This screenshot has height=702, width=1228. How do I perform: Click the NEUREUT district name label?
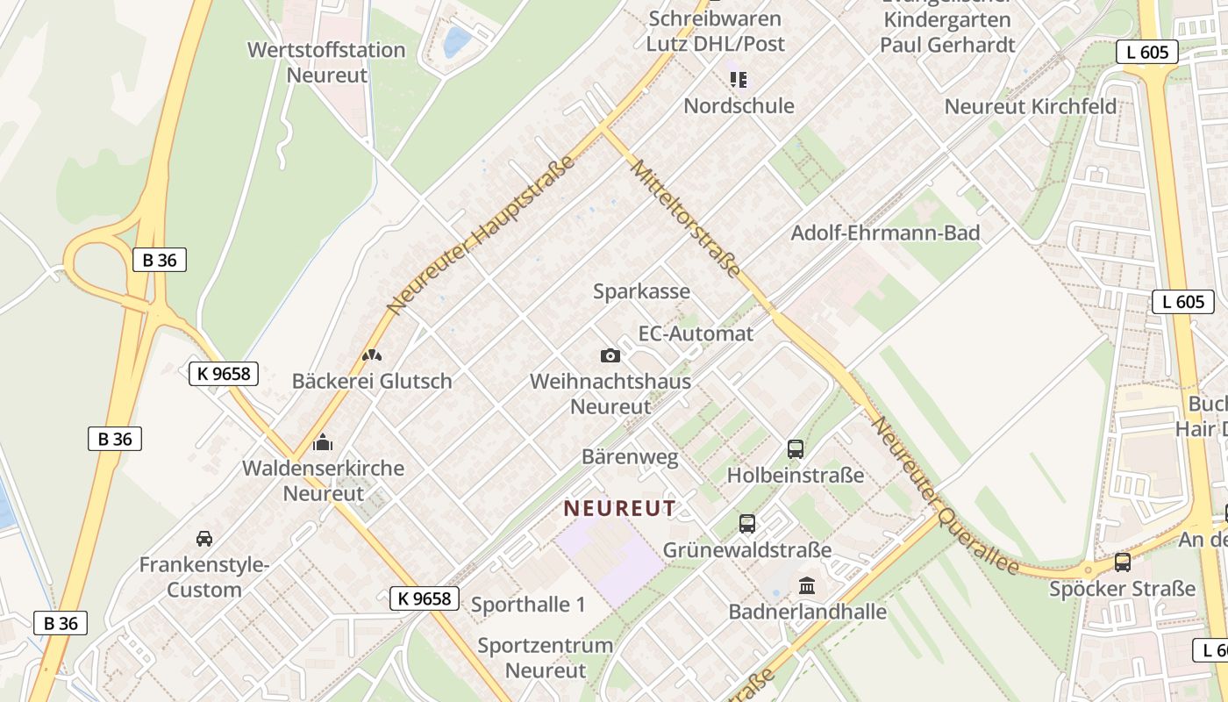click(619, 508)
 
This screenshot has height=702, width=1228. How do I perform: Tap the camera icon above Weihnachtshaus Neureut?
click(610, 355)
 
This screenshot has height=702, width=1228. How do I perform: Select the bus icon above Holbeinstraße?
click(796, 449)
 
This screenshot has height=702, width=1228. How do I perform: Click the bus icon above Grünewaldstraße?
click(747, 524)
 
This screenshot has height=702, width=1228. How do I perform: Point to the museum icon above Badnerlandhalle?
click(807, 584)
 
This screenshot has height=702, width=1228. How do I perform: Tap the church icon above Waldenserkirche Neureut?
click(323, 441)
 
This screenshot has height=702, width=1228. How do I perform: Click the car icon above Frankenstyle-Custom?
click(204, 538)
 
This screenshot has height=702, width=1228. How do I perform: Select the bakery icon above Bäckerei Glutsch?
click(372, 355)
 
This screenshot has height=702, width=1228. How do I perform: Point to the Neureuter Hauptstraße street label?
click(481, 235)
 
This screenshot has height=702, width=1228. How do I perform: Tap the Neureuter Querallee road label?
click(946, 496)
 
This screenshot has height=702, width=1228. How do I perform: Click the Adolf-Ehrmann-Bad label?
click(885, 233)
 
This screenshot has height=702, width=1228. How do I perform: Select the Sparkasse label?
click(641, 291)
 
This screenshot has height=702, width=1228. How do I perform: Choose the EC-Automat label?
click(696, 333)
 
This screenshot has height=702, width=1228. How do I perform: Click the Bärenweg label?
click(630, 457)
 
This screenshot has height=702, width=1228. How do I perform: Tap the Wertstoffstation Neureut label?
click(326, 62)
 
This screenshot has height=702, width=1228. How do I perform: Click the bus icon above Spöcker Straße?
click(1122, 562)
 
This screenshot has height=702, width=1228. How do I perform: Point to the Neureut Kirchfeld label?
click(1030, 107)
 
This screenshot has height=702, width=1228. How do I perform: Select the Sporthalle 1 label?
click(528, 605)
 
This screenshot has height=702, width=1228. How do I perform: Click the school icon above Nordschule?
click(739, 80)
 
